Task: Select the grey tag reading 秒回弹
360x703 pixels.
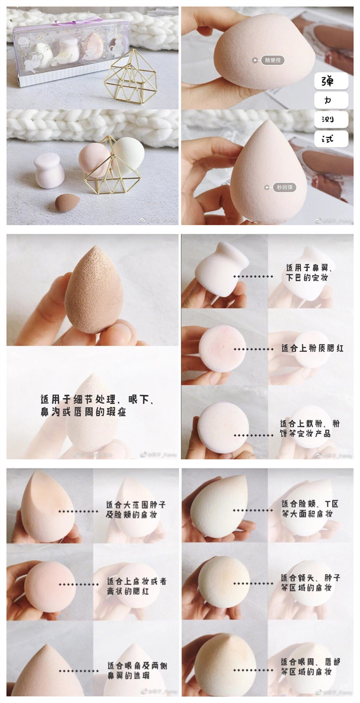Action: point(284,187)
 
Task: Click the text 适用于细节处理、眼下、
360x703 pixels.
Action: point(98,399)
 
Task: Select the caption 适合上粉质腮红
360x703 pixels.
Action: point(312,348)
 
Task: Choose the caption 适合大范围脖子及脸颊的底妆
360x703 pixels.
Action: point(135,509)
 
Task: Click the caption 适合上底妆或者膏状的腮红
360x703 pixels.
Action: point(136,586)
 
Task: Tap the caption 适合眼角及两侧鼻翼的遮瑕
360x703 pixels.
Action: point(137,670)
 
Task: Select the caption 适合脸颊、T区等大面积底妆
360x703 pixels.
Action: point(310,509)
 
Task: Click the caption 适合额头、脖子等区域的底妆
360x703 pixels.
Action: point(310,583)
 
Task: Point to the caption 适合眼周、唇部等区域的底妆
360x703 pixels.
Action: point(310,667)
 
